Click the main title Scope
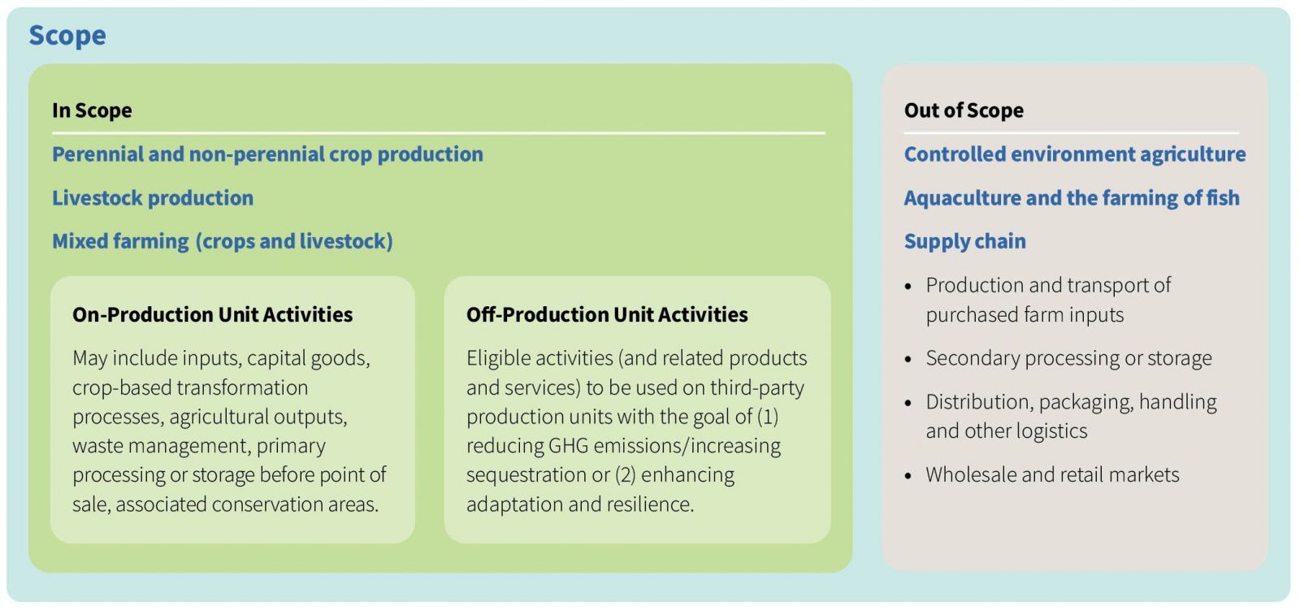pyautogui.click(x=67, y=36)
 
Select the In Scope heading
pyautogui.click(x=92, y=110)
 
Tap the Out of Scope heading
pyautogui.click(x=964, y=110)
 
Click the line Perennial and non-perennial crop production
pyautogui.click(x=267, y=154)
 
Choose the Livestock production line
pyautogui.click(x=153, y=198)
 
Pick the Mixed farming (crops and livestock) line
pyautogui.click(x=223, y=241)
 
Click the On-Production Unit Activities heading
pyautogui.click(x=212, y=314)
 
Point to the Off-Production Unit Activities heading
pyautogui.click(x=607, y=314)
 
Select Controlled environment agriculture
pyautogui.click(x=1075, y=154)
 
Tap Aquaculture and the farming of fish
pyautogui.click(x=1072, y=198)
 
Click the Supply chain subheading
pyautogui.click(x=965, y=241)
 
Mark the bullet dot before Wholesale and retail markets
pyautogui.click(x=909, y=476)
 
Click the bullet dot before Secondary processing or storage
pyautogui.click(x=909, y=359)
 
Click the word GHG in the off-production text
pyautogui.click(x=568, y=446)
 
